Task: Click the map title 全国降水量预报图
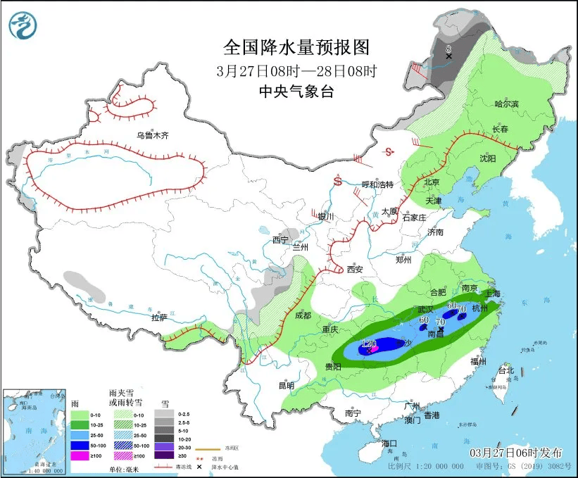click(296, 47)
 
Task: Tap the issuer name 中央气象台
click(296, 91)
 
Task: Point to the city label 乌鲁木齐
click(153, 135)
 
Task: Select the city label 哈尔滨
click(506, 104)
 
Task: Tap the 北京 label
click(432, 182)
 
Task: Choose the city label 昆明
click(287, 385)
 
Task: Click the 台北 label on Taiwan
click(506, 370)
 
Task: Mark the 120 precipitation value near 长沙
click(367, 342)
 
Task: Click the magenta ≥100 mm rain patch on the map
click(375, 348)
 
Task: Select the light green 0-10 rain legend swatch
click(80, 415)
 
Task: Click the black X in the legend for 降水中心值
click(201, 467)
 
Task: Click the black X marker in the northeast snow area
click(449, 56)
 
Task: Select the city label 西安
click(354, 269)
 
